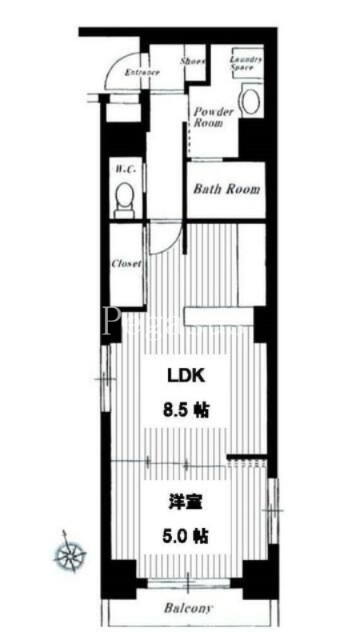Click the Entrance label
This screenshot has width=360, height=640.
coord(142,72)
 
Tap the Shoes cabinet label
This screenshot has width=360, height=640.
coord(192,61)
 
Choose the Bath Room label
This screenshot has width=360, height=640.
coord(227,190)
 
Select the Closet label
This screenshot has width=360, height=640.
coord(126,262)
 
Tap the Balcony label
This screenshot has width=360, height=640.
coord(189,609)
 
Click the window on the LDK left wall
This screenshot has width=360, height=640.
coord(102,376)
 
